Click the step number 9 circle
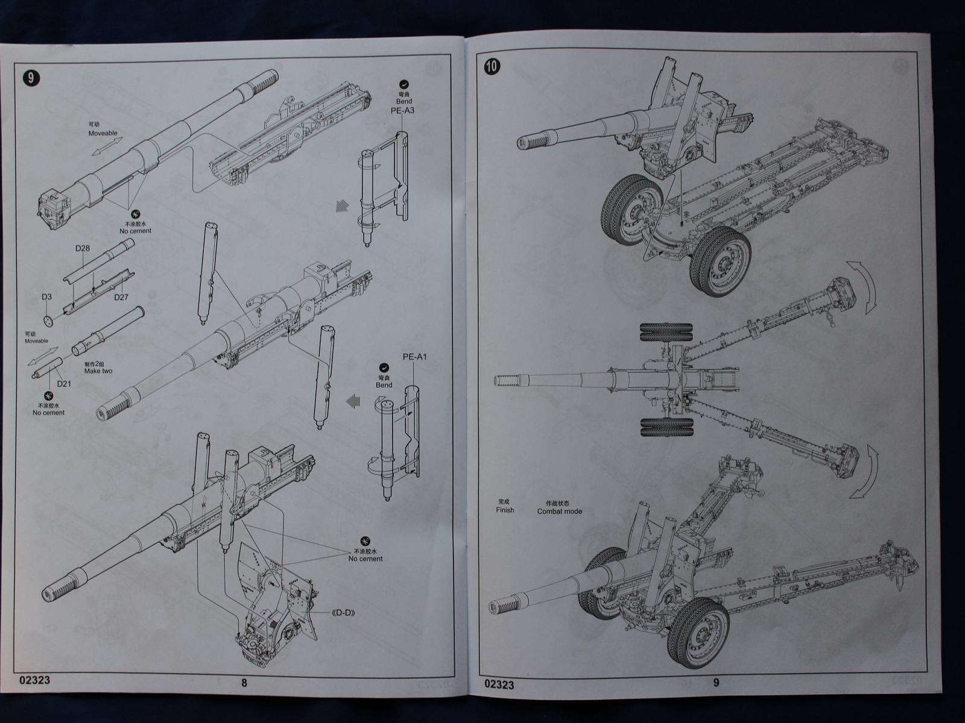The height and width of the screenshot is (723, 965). (x=31, y=78)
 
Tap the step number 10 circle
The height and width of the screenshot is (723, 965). (x=492, y=67)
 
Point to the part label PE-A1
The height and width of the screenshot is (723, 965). (x=414, y=357)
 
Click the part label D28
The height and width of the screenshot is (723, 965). (x=83, y=248)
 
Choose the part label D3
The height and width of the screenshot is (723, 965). (x=46, y=297)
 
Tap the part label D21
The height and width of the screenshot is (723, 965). (x=65, y=384)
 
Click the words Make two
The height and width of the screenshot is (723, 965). (x=98, y=371)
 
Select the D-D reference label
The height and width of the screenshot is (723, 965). (x=341, y=614)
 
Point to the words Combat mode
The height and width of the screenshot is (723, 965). (x=559, y=512)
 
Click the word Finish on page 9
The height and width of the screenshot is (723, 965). (x=505, y=510)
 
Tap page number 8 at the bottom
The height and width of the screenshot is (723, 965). (x=244, y=683)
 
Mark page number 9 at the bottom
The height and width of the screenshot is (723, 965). (x=716, y=683)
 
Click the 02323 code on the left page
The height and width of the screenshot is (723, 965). (x=34, y=681)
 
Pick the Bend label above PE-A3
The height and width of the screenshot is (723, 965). (x=404, y=102)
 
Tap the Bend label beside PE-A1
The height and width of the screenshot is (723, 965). (x=384, y=385)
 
